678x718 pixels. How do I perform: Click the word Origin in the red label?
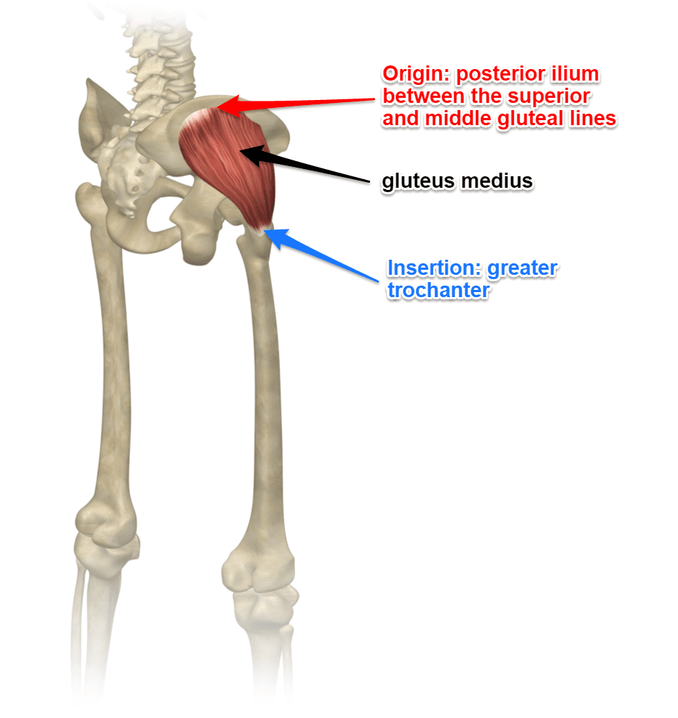point(416,75)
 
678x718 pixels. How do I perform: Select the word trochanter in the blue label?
point(439,291)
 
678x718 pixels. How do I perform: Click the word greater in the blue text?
point(523,269)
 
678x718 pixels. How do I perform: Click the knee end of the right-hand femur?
point(258,569)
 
